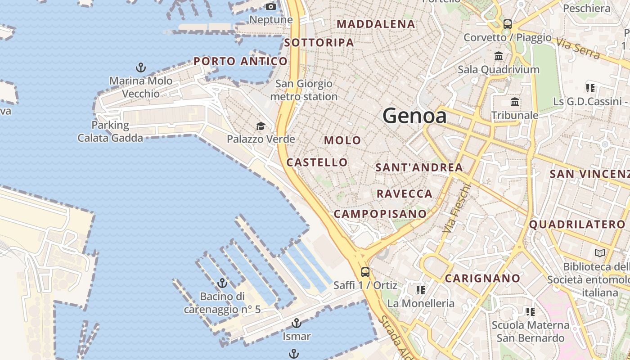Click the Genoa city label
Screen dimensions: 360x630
(414, 116)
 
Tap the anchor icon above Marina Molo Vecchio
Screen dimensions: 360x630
(141, 68)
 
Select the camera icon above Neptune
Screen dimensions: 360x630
(271, 6)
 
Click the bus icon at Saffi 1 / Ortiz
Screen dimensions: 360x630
(365, 272)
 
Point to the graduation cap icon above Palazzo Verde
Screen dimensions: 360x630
(261, 126)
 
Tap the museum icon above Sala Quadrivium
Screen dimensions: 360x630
(499, 56)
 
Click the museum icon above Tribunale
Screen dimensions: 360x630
(515, 102)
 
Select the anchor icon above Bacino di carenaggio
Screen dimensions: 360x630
(222, 283)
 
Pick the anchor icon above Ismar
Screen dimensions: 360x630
(296, 323)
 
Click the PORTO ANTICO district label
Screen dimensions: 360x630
(240, 61)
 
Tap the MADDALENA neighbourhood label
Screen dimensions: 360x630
(376, 24)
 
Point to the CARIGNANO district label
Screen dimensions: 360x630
(482, 278)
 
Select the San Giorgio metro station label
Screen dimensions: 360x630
(304, 90)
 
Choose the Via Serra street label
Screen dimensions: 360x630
(578, 48)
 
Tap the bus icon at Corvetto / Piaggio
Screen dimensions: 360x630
(508, 24)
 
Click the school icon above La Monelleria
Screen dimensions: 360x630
(421, 290)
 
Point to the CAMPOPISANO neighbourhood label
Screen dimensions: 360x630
(380, 214)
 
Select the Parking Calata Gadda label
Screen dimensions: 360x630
(110, 131)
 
